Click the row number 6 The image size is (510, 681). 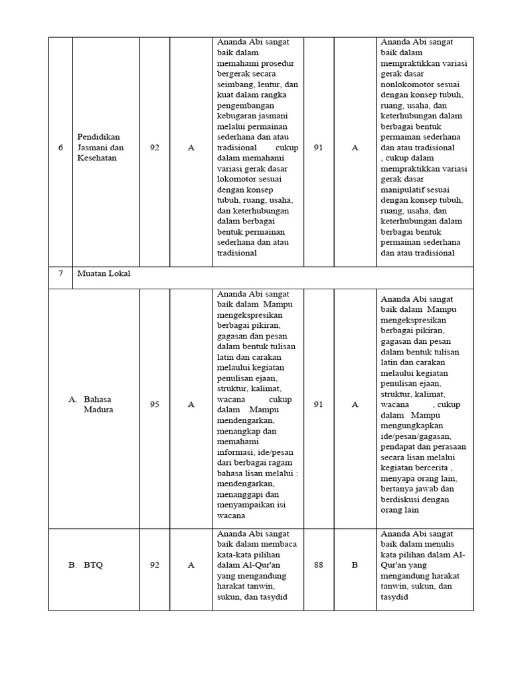60,148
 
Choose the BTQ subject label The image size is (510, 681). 93,565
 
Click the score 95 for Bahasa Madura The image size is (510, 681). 155,404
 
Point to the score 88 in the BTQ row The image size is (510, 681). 318,565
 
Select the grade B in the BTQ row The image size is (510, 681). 355,565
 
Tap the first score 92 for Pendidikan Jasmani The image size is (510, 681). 155,148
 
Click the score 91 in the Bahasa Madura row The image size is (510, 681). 318,404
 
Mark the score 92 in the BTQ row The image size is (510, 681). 155,565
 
